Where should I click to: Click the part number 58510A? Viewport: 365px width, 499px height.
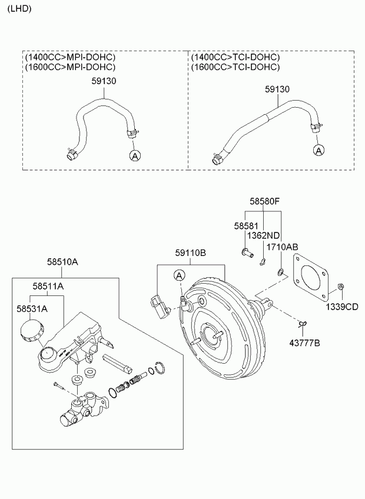[62, 262]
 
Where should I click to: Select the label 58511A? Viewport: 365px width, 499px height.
[48, 287]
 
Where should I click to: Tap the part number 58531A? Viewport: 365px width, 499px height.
[32, 308]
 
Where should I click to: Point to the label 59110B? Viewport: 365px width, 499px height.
[191, 253]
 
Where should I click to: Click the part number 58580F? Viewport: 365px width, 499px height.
[265, 201]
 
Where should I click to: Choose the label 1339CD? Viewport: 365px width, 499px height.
[342, 307]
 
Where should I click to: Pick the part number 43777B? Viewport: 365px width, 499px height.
[305, 343]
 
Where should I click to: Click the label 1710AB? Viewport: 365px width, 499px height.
[282, 247]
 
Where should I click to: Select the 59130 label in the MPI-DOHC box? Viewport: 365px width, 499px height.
[104, 81]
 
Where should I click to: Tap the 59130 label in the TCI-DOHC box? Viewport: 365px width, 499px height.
[277, 89]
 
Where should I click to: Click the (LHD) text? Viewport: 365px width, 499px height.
[19, 9]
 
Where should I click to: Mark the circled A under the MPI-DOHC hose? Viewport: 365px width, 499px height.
[135, 155]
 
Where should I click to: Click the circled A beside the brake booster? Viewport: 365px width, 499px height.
[180, 275]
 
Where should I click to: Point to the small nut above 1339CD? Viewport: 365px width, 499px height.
[340, 287]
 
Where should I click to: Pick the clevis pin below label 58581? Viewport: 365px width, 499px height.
[247, 252]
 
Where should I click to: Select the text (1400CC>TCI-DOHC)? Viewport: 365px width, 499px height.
[235, 57]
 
